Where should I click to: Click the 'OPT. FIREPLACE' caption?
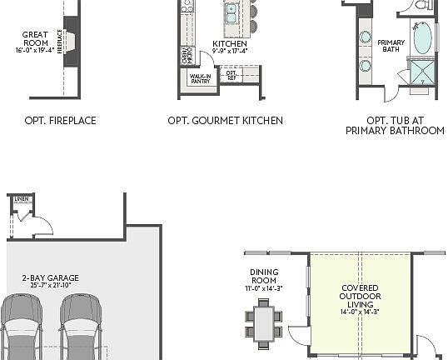[x=60, y=121]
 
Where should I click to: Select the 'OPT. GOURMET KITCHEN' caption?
[x=225, y=121]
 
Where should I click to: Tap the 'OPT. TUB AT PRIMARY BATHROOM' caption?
[x=395, y=125]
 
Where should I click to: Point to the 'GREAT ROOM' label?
[x=35, y=39]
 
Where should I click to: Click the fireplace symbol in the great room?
[x=70, y=42]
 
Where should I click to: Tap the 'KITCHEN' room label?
[x=230, y=43]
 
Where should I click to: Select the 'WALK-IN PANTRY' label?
[x=200, y=79]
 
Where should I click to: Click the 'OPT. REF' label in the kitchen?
[x=232, y=76]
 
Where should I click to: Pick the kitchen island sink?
[x=231, y=12]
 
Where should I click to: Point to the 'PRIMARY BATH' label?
[x=391, y=47]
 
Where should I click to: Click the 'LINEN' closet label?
[x=21, y=199]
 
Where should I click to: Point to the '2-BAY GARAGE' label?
[x=47, y=282]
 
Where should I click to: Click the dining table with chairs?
[x=264, y=322]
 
